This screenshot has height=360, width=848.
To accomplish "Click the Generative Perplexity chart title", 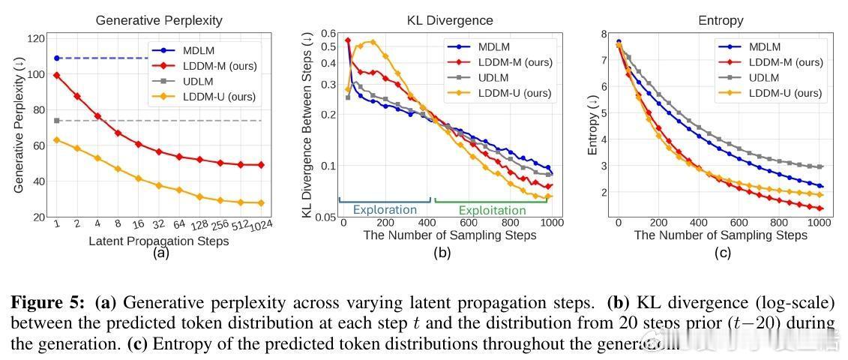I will [x=160, y=20].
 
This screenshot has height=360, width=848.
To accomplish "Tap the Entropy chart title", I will [x=722, y=20].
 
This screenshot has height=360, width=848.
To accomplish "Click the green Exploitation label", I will [x=492, y=210].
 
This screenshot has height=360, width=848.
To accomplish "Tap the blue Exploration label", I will [x=385, y=209].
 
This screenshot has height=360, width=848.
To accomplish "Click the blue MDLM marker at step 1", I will [x=57, y=58].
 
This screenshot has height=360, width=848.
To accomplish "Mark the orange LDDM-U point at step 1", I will [x=57, y=140].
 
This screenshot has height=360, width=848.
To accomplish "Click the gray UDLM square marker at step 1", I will [x=57, y=121].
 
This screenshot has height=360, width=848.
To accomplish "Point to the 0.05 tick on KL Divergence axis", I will [x=327, y=217].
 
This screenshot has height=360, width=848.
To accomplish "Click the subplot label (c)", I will [x=722, y=253].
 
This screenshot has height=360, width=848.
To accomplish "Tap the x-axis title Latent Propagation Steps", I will [x=159, y=241].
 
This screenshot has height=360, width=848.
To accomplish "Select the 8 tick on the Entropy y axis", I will [x=604, y=33].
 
